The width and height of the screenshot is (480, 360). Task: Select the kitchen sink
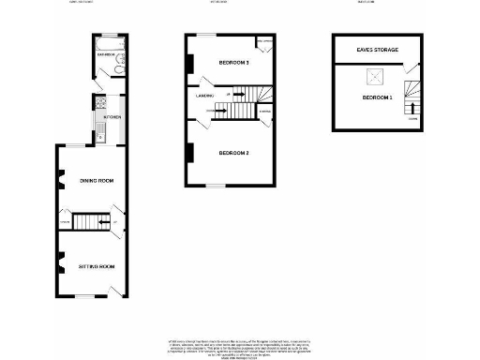[x=96, y=108]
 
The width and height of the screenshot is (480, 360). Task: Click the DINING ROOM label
[x=96, y=180]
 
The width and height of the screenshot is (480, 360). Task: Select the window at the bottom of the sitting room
[x=85, y=296]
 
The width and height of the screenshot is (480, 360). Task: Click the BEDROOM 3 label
[x=233, y=63]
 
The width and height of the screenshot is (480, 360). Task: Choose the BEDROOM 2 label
[x=233, y=153]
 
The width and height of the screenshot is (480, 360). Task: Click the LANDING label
[x=206, y=95]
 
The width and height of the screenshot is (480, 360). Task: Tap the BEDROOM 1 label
[x=375, y=97]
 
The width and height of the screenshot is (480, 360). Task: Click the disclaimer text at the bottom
[x=240, y=344]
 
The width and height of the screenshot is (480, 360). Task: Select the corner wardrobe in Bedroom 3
[x=264, y=44]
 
